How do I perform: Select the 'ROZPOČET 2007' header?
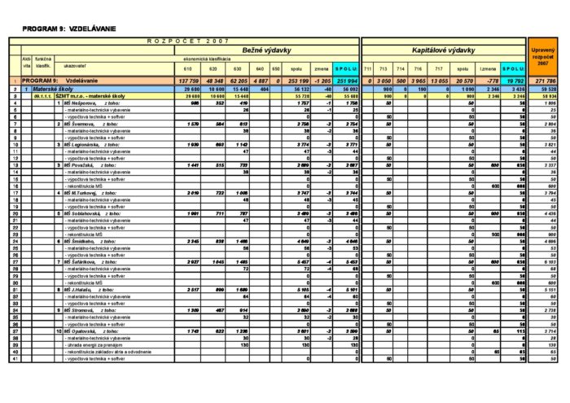188,40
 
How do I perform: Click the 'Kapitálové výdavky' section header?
444,50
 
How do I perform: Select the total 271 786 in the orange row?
541,81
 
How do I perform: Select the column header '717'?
440,68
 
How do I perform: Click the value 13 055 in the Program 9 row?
440,81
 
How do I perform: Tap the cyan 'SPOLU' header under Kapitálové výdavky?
513,68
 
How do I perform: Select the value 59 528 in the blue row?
541,90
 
